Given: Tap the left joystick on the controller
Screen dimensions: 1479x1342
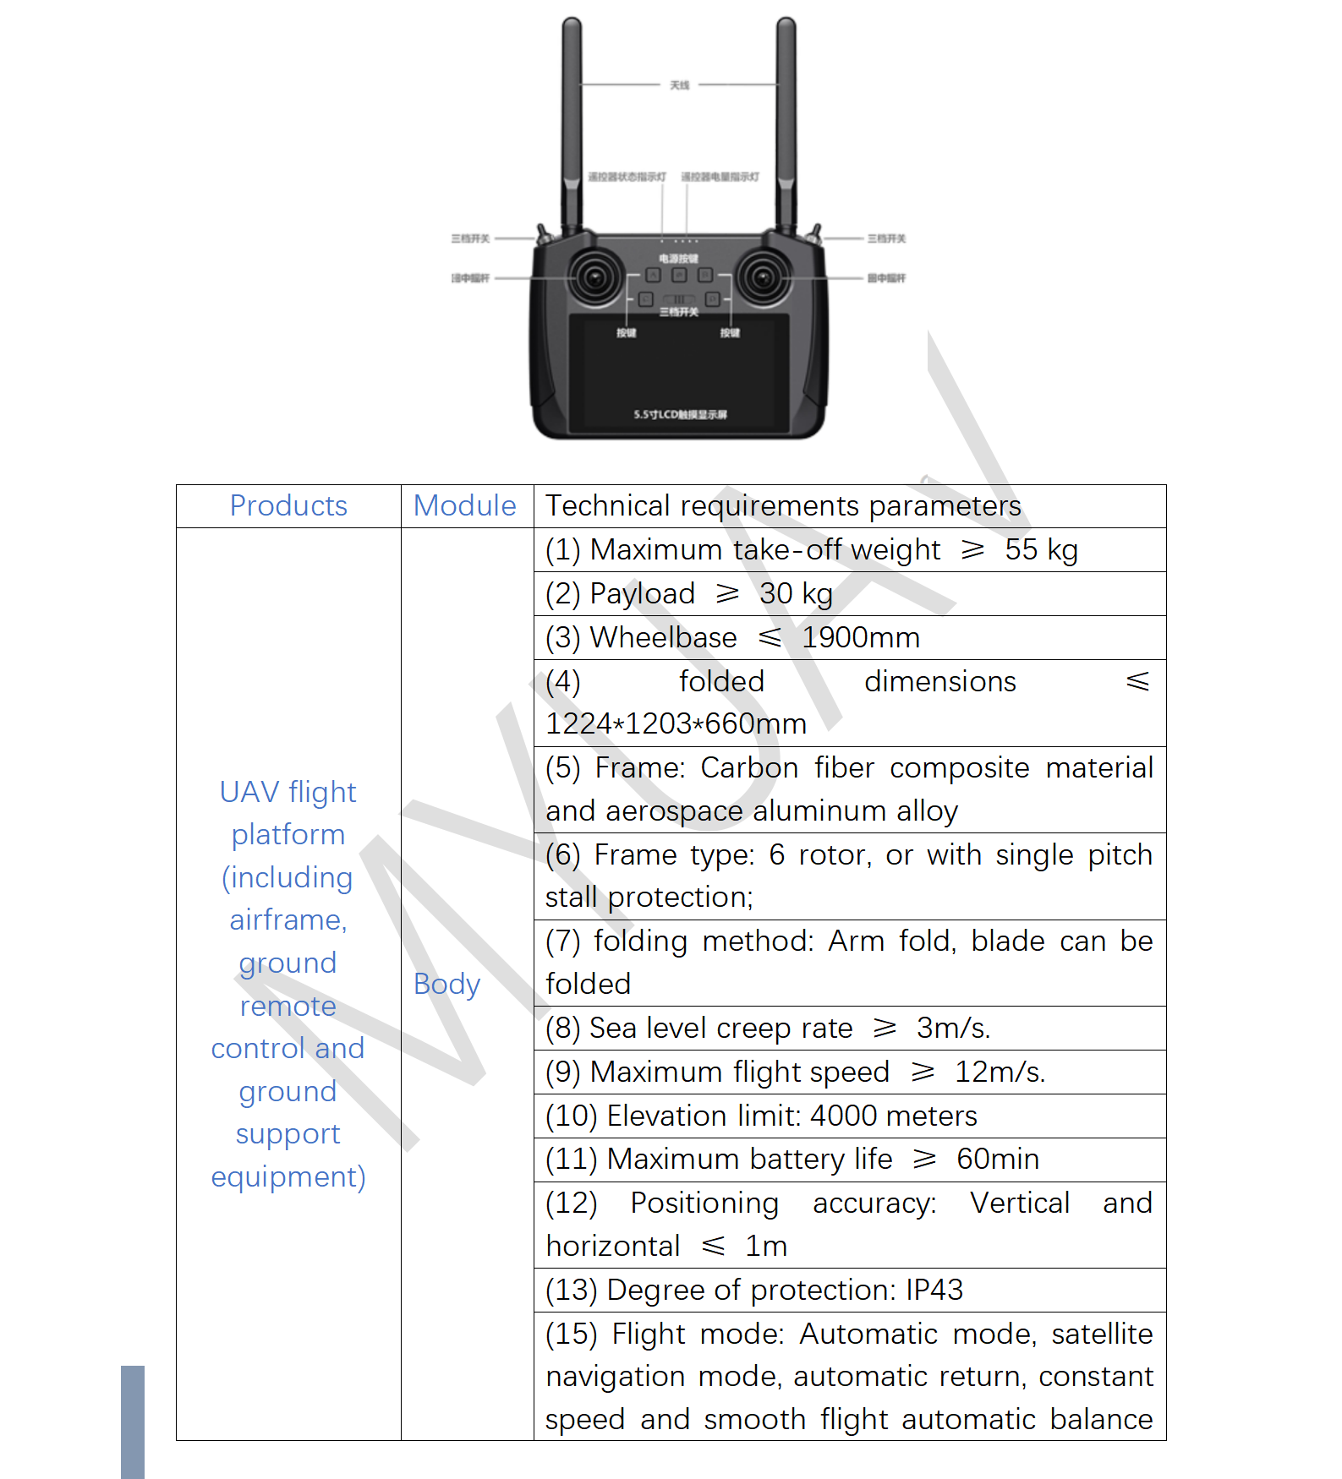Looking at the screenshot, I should pos(595,277).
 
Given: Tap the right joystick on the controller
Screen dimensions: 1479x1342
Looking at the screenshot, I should pos(763,277).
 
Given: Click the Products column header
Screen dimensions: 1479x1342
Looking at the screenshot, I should pos(288,505).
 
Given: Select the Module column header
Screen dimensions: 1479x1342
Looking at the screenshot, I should pos(464,505).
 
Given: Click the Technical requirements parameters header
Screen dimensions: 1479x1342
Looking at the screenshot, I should pos(783,505).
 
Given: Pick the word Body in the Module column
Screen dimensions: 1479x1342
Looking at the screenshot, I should pos(446,984).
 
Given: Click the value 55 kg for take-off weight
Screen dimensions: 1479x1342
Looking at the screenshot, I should pos(1041,549).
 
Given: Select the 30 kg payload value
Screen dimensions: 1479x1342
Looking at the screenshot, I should pos(796,593).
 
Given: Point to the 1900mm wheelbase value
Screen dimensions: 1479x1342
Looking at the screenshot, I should pos(860,637).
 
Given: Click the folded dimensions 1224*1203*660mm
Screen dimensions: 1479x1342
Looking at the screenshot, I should pos(676,724).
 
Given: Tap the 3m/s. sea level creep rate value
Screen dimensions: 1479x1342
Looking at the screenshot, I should pos(953,1028).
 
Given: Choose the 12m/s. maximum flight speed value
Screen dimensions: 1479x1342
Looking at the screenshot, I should pos(1000,1072).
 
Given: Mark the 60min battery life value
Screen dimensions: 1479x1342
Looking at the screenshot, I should pos(998,1159).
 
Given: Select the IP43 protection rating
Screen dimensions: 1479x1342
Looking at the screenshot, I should pos(934,1290).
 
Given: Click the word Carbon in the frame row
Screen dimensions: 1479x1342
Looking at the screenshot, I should pos(749,767).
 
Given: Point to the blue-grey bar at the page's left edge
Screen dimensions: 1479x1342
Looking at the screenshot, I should pos(133,1422).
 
